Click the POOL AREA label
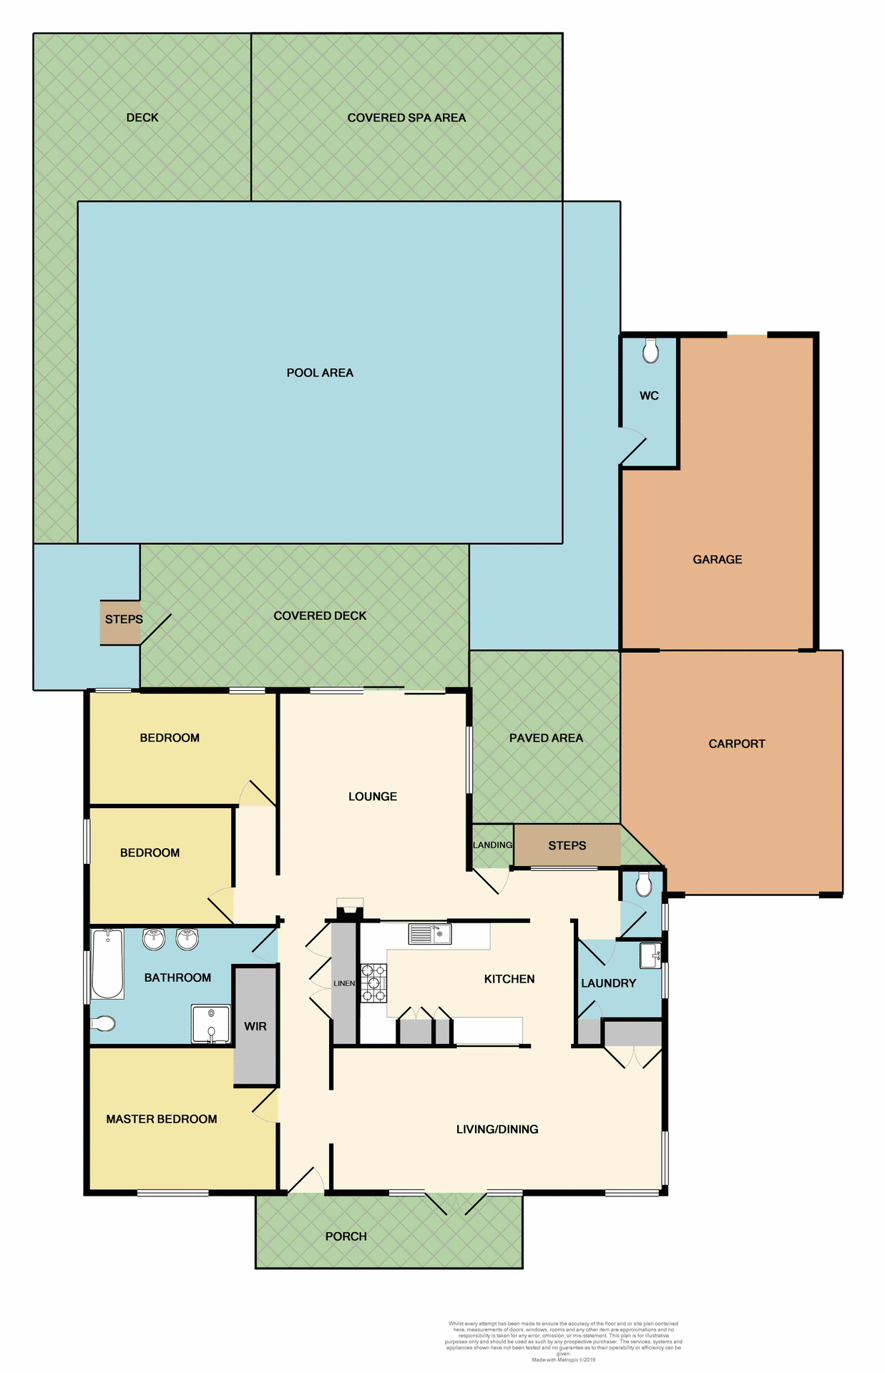pyautogui.click(x=320, y=373)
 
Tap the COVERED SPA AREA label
pyautogui.click(x=406, y=118)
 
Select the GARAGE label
pyautogui.click(x=717, y=559)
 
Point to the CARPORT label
pyautogui.click(x=736, y=744)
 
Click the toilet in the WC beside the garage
pyautogui.click(x=650, y=351)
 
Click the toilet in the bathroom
pyautogui.click(x=103, y=1024)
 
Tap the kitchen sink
pyautogui.click(x=429, y=934)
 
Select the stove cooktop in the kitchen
pyautogui.click(x=373, y=983)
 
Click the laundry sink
pyautogui.click(x=650, y=955)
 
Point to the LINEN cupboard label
pyautogui.click(x=344, y=983)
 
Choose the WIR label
pyautogui.click(x=255, y=1026)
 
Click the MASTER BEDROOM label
pyautogui.click(x=162, y=1119)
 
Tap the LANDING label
pyautogui.click(x=492, y=845)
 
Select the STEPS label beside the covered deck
pyautogui.click(x=124, y=619)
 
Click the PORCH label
pyautogui.click(x=346, y=1236)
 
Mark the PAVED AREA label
pyautogui.click(x=546, y=738)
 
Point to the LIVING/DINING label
pyautogui.click(x=497, y=1129)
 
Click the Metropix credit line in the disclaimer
pyautogui.click(x=563, y=1359)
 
